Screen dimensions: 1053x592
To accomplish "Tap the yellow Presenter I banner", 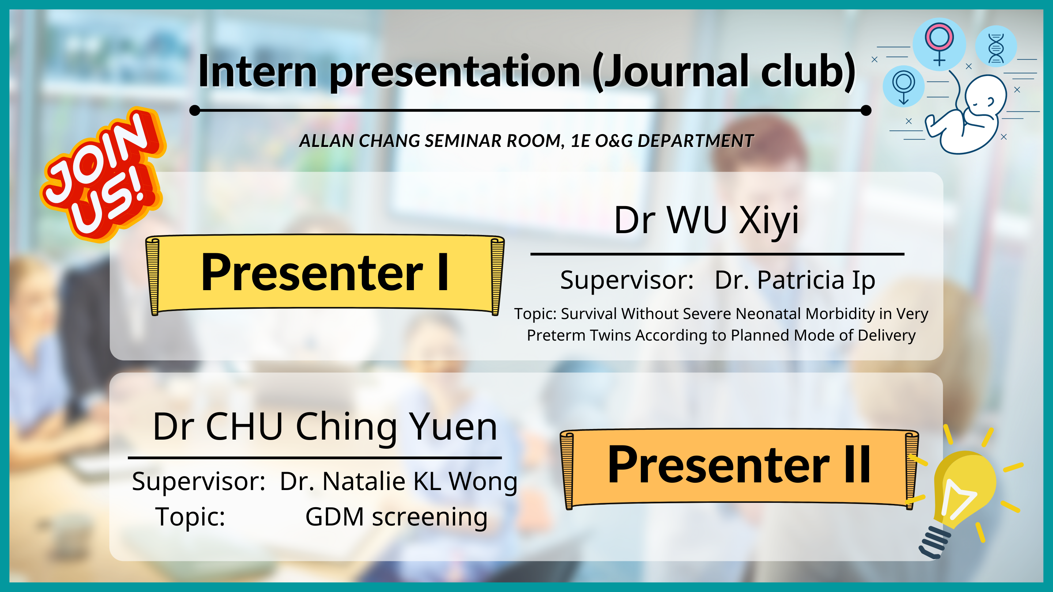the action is point(325,274).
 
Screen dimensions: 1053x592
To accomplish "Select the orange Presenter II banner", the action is point(739,468).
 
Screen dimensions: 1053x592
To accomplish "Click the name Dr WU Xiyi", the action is point(706,221).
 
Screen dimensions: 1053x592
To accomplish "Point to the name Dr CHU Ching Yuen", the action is point(325,427).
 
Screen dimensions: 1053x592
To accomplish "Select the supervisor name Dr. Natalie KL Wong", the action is point(399,482).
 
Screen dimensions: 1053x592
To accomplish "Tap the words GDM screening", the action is point(396,517).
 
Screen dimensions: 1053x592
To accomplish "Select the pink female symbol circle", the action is point(939,44).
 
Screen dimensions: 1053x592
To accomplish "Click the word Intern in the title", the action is point(258,72).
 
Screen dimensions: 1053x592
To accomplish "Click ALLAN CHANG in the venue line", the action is point(360,141).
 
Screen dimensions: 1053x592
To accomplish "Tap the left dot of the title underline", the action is point(195,110).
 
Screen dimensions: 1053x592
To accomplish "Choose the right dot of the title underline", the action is point(866,110).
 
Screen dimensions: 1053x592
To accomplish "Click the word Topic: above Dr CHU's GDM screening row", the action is point(190,517).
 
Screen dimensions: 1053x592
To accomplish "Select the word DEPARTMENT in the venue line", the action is point(695,141).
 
